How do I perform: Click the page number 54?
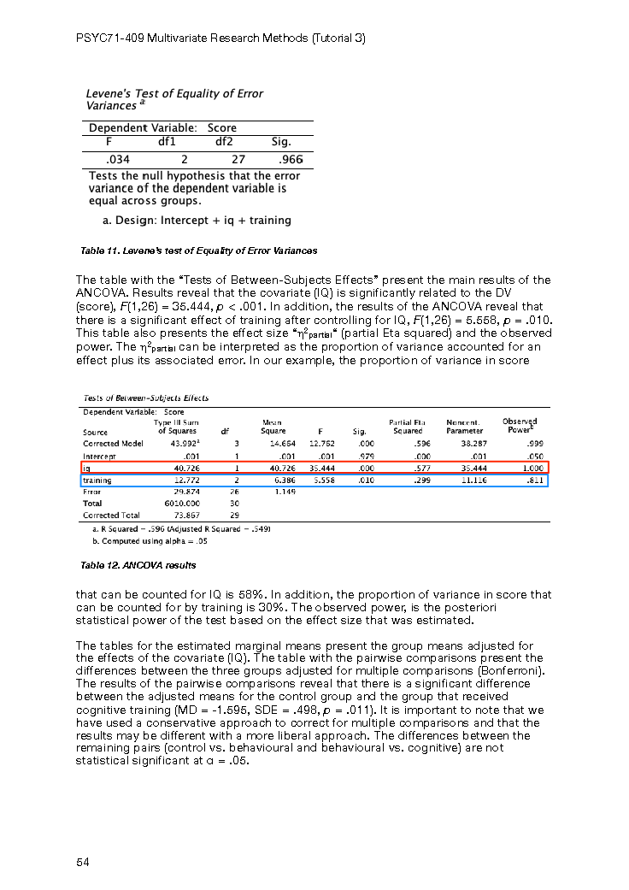[83, 862]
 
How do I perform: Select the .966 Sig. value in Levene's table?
[291, 159]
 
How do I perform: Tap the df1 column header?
[167, 142]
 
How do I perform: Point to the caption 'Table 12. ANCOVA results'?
[138, 565]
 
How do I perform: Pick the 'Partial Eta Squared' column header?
[407, 426]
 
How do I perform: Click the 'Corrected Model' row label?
[113, 444]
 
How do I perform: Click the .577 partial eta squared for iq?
[420, 468]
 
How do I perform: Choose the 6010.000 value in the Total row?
[179, 504]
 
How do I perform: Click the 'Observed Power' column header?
[519, 425]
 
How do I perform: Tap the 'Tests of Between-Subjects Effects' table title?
[145, 398]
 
